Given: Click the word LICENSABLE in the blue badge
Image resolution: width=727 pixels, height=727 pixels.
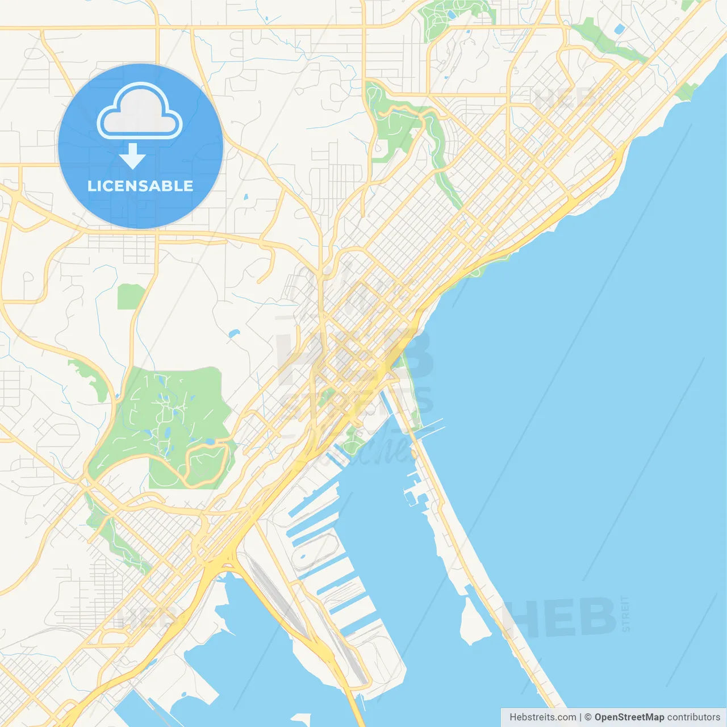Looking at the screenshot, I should [140, 186].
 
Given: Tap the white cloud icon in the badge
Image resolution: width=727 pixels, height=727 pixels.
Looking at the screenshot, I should [140, 112].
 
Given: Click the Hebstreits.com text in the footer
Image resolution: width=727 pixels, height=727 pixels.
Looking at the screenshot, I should [542, 717].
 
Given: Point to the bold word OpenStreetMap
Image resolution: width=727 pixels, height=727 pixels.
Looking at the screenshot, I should [629, 717].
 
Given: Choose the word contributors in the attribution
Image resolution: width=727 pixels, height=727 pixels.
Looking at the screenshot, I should [693, 717].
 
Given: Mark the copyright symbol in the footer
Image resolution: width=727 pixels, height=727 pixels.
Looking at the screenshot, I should [588, 717].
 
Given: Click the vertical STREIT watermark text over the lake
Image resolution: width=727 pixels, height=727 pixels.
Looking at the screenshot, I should [625, 614].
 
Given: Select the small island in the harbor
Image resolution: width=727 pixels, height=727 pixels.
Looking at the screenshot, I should [475, 622].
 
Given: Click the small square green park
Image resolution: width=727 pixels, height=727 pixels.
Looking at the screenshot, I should [131, 296].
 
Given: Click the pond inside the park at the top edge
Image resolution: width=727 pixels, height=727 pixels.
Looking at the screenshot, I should [451, 15].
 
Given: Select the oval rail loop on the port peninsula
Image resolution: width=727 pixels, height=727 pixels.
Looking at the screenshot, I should [316, 551].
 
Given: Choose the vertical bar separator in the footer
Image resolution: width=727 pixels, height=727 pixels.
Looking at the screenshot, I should [580, 717].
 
